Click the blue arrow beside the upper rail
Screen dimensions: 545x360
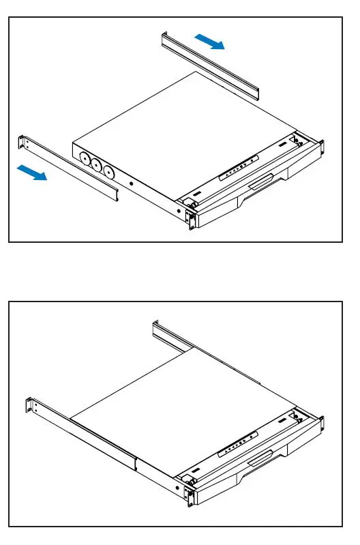click(x=210, y=42)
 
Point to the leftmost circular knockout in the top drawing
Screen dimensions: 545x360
click(x=86, y=157)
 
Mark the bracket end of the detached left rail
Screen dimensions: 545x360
click(x=22, y=143)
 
